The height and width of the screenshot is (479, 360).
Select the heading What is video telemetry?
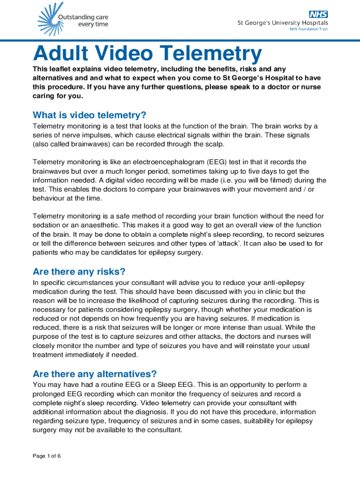[x=89, y=115]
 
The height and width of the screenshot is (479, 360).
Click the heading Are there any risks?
[x=79, y=272]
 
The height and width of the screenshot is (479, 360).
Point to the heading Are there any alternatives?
[x=94, y=374]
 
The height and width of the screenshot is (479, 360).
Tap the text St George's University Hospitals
[x=283, y=22]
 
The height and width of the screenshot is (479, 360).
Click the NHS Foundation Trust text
[x=309, y=29]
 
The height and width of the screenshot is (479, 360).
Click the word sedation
[x=47, y=225]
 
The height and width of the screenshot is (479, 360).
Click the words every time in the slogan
[x=94, y=24]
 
